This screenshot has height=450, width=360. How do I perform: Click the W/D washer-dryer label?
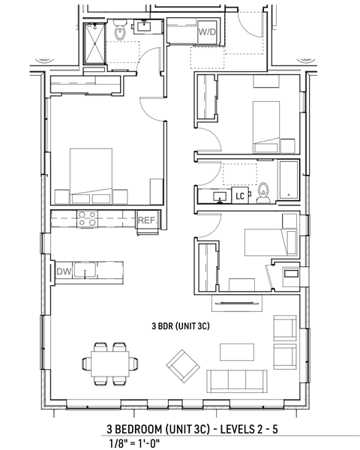(x=207, y=33)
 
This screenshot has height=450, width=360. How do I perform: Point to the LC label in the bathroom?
(x=241, y=196)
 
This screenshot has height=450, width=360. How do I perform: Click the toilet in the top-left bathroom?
(x=121, y=32)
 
